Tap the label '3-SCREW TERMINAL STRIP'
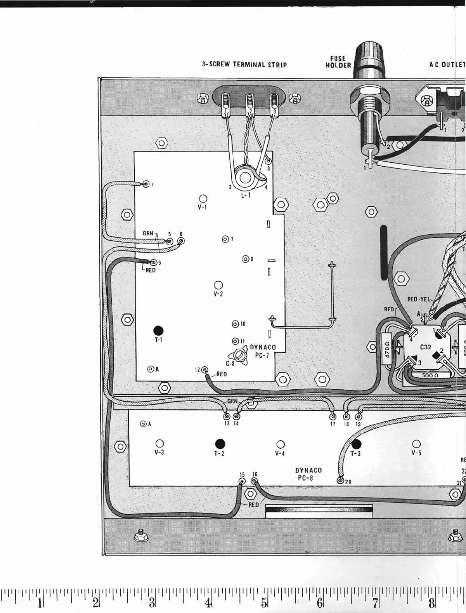(x=244, y=64)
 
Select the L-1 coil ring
(x=245, y=178)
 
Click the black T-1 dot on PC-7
(x=158, y=330)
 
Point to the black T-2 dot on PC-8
(x=220, y=443)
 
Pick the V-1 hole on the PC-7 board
(x=203, y=199)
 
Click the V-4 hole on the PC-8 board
(x=280, y=444)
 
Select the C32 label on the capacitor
(x=426, y=347)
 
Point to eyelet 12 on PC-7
(x=204, y=369)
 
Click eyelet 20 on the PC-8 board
(x=341, y=481)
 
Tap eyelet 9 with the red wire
(x=154, y=262)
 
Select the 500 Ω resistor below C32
(x=430, y=375)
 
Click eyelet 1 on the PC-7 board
(x=146, y=184)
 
